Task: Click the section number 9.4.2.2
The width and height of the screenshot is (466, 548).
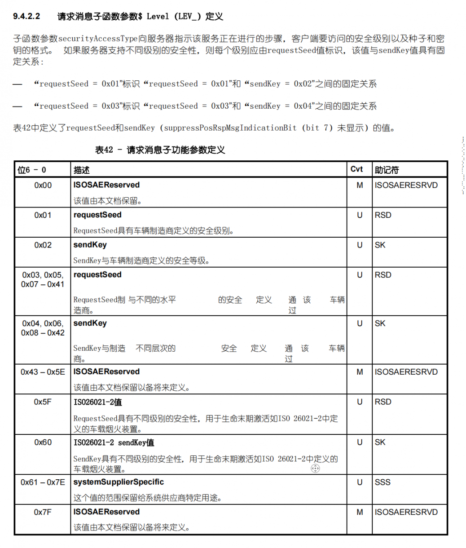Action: point(26,17)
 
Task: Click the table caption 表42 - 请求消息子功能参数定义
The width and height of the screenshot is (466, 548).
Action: point(160,150)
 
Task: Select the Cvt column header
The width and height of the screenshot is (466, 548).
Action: point(356,169)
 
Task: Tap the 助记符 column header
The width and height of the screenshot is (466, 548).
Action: point(387,170)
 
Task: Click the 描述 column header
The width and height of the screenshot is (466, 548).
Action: point(82,170)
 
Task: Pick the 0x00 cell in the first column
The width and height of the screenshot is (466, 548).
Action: point(43,185)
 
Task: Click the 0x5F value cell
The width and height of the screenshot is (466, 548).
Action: point(43,402)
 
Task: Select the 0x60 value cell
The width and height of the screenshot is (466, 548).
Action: point(43,442)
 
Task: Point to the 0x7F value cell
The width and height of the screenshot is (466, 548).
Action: point(43,512)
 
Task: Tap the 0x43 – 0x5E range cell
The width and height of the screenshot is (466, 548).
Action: point(43,372)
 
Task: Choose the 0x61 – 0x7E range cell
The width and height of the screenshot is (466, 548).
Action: point(43,482)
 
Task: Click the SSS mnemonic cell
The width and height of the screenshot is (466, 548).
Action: point(382,482)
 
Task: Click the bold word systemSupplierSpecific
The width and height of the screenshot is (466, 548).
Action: point(119,482)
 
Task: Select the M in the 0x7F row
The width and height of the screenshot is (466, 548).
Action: point(360,512)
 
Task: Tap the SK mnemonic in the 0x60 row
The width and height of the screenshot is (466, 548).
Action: point(380,442)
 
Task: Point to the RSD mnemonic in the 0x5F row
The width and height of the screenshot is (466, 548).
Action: point(383,402)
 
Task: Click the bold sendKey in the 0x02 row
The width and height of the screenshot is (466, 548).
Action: point(90,245)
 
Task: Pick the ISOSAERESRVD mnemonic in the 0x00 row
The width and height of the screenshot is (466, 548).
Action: point(406,185)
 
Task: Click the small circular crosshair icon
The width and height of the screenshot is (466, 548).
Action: point(315,468)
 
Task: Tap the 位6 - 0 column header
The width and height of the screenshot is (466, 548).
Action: point(32,170)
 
